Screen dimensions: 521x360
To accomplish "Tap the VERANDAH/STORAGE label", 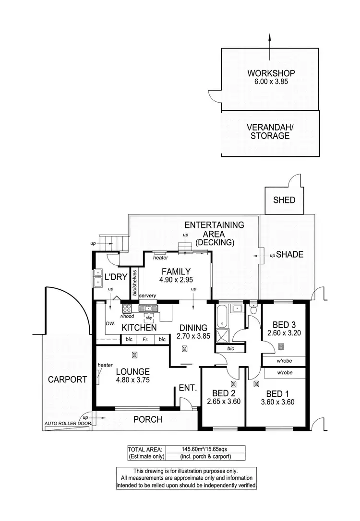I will click(268, 132).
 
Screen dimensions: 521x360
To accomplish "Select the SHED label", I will click(285, 200).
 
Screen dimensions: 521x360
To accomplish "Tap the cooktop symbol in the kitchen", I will click(127, 308).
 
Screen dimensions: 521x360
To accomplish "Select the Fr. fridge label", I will click(145, 340).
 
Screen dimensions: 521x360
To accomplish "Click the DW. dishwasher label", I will click(111, 324).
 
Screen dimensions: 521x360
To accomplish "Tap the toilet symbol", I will click(253, 308).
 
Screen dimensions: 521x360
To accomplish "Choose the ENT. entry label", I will click(188, 388).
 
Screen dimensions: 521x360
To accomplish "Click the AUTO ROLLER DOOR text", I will click(67, 424).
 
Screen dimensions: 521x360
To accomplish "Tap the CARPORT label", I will click(68, 379).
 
